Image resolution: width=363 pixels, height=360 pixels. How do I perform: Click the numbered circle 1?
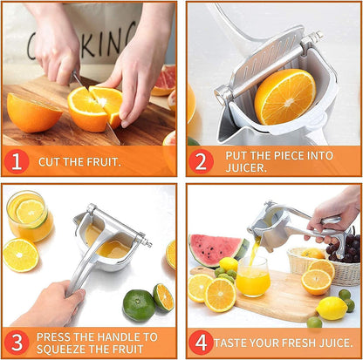click(17, 161)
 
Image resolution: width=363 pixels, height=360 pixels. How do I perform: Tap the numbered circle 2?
click(202, 161)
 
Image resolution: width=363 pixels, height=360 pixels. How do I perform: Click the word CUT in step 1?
click(49, 161)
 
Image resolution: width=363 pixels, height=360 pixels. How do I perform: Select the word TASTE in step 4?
click(232, 343)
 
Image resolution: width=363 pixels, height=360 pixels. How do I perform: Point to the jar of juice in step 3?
click(28, 216)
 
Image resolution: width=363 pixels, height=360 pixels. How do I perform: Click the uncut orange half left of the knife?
click(33, 113)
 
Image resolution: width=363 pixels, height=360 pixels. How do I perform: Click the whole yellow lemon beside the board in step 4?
click(332, 307)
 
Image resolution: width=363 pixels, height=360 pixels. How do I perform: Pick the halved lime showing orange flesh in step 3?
click(163, 298)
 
